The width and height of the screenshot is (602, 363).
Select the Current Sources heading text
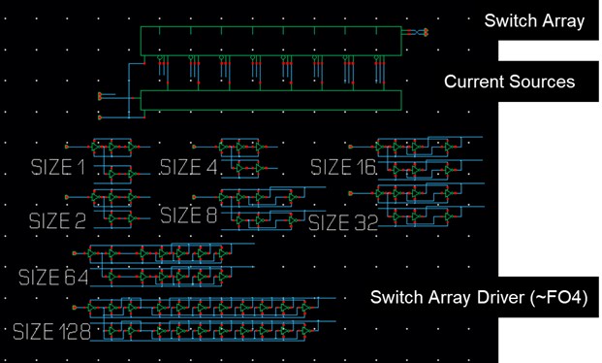pos(509,82)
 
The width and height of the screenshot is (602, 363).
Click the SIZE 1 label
pos(57,168)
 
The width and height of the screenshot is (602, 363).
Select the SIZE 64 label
pos(53,279)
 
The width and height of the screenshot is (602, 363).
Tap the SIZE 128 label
pos(52,332)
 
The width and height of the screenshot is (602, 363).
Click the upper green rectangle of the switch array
pos(271,42)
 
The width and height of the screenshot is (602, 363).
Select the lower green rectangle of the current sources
pos(271,100)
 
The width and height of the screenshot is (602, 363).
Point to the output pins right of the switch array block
pos(420,33)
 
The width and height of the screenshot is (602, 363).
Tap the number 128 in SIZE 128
pos(76,332)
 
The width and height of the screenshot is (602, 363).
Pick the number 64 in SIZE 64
pos(77,279)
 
